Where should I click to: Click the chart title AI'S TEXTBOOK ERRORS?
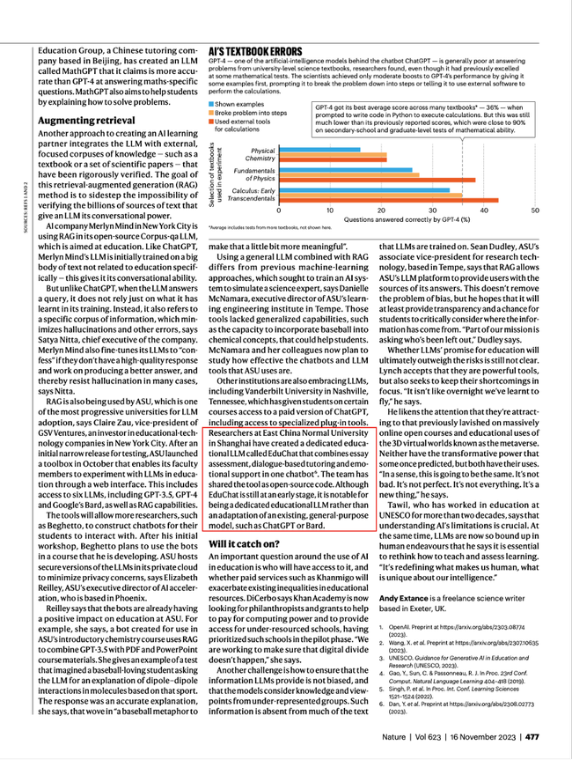pos(255,50)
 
